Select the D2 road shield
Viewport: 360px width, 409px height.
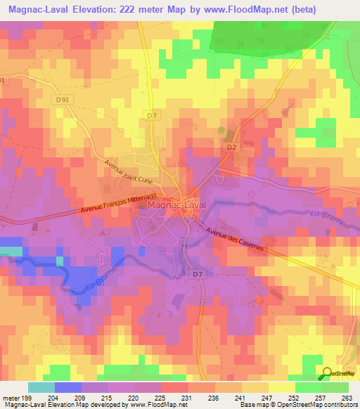[231, 147]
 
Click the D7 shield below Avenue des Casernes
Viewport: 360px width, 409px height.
[198, 273]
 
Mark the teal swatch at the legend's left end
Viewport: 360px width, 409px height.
[41, 387]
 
